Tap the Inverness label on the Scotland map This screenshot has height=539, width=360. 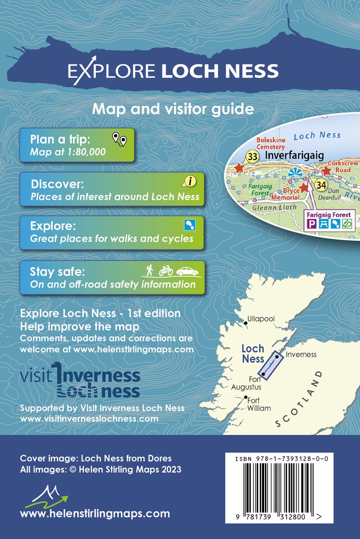tap(301, 354)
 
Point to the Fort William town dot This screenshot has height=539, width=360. tap(245, 397)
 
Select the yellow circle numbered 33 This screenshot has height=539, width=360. tap(252, 157)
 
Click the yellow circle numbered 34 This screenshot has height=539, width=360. tap(320, 184)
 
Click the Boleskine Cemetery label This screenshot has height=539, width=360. tap(270, 144)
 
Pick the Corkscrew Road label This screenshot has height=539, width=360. tap(343, 167)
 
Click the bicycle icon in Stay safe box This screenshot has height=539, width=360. tap(166, 270)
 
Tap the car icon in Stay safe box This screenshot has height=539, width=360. tap(187, 271)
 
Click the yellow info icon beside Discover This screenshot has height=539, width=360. tap(190, 181)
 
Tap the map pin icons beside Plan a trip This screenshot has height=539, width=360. tap(119, 139)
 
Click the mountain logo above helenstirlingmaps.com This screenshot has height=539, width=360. tap(49, 496)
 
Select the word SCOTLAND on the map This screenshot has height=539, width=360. tap(299, 400)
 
